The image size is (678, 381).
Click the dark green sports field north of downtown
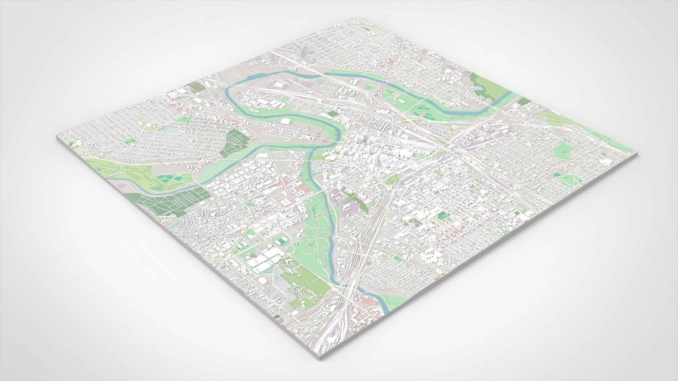pos(334,114)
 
